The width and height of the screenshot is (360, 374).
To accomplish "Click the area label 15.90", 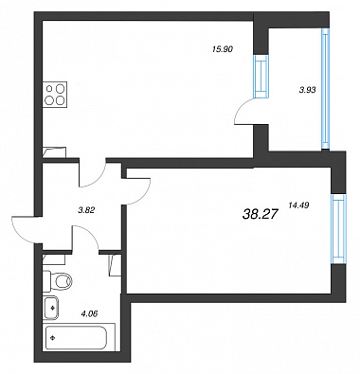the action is pyautogui.click(x=223, y=49).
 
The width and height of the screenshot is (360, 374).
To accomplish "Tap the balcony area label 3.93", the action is pyautogui.click(x=307, y=90).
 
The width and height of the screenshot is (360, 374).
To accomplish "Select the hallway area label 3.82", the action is pyautogui.click(x=86, y=210).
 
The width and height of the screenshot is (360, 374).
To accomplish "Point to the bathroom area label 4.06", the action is pyautogui.click(x=89, y=313).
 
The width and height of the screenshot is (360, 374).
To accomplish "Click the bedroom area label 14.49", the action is pyautogui.click(x=298, y=205).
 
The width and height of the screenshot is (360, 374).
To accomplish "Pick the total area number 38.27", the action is pyautogui.click(x=261, y=215).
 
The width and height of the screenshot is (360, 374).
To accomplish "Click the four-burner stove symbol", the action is pyautogui.click(x=56, y=94).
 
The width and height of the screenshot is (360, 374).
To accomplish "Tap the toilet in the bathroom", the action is pyautogui.click(x=58, y=279).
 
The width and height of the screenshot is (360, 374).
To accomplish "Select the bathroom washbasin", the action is pyautogui.click(x=50, y=308).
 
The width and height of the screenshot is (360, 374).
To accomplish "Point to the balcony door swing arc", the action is pyautogui.click(x=243, y=107).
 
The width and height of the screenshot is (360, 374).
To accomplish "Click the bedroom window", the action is pyautogui.click(x=338, y=229).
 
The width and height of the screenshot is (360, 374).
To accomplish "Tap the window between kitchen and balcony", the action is pyautogui.click(x=261, y=76).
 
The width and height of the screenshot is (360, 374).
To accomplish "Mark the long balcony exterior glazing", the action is pyautogui.click(x=325, y=88).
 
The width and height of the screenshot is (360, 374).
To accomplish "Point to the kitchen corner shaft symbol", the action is pyautogui.click(x=54, y=152).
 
